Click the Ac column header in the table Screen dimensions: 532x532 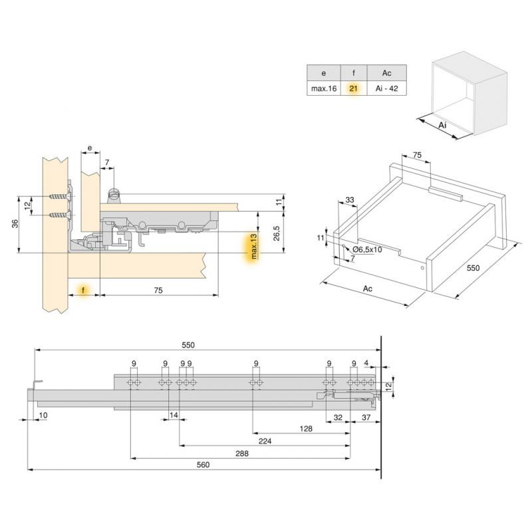[x=386, y=72]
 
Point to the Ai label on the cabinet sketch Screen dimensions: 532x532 [x=443, y=125]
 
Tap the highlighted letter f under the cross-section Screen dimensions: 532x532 [x=84, y=291]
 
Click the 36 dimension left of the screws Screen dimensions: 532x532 [x=15, y=225]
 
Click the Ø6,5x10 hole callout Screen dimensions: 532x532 [x=366, y=249]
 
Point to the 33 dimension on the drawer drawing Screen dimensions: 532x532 [x=350, y=199]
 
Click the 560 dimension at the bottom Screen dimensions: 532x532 [x=203, y=465]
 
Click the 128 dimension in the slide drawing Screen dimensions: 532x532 [x=306, y=429]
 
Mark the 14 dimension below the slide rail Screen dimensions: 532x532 [x=174, y=415]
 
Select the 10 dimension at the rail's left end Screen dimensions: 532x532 [x=43, y=415]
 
